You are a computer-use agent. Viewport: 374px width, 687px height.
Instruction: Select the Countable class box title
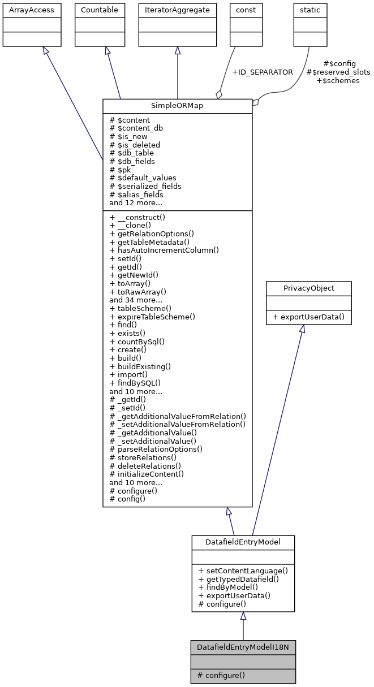click(x=98, y=10)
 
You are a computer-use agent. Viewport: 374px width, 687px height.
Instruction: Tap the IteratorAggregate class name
click(x=177, y=10)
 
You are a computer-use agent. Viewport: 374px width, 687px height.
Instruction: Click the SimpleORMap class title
click(x=177, y=106)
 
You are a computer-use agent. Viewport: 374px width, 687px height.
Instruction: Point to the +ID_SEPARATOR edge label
click(x=263, y=72)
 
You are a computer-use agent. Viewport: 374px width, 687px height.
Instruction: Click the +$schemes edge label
click(x=337, y=81)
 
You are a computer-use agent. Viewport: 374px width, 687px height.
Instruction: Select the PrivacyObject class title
click(x=308, y=288)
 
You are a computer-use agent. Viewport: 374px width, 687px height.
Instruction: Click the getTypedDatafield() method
click(x=239, y=579)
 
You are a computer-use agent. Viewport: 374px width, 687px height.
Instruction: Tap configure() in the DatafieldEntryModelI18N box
click(x=221, y=675)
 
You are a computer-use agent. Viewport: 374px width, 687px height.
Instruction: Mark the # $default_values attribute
click(x=143, y=178)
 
